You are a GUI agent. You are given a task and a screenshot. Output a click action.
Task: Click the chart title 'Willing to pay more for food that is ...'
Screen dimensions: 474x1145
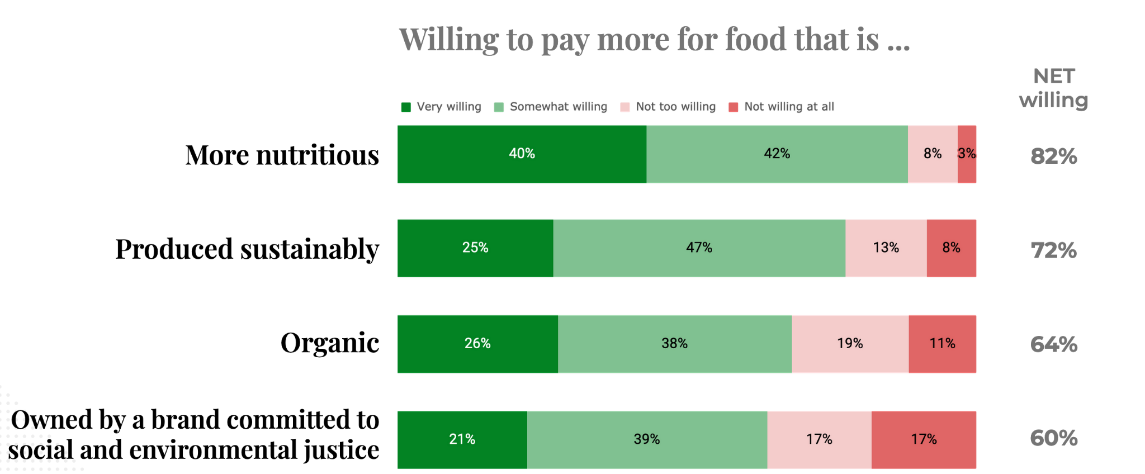pos(654,40)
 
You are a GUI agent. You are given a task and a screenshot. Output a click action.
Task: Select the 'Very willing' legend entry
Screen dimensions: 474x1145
pos(441,107)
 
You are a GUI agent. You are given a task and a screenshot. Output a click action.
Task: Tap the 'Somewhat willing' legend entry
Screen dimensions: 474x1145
pos(551,107)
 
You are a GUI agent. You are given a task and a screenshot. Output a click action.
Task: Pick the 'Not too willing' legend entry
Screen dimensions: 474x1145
pos(668,107)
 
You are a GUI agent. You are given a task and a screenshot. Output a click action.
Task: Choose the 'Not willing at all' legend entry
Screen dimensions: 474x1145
pos(781,107)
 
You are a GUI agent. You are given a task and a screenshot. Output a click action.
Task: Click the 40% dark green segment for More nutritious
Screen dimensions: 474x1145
pos(522,154)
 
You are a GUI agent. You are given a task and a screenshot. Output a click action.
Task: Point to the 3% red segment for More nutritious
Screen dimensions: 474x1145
pos(967,154)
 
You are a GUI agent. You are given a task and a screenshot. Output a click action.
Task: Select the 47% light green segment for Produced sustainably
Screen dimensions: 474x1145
pos(699,248)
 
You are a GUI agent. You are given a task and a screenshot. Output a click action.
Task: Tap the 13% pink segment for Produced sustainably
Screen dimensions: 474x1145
pos(886,248)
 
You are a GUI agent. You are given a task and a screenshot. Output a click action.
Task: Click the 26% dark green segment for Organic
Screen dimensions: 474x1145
pos(477,344)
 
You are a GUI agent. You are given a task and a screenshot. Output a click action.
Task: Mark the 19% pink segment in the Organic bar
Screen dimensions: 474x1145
pos(850,344)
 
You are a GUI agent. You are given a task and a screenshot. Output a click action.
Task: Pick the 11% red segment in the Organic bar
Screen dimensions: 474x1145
pos(942,344)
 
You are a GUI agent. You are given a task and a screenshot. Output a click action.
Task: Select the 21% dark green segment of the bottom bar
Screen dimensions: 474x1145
pos(462,439)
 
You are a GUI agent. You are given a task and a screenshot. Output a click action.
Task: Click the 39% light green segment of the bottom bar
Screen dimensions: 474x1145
pos(647,439)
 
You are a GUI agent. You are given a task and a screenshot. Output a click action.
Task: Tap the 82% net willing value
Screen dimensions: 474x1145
pos(1053,157)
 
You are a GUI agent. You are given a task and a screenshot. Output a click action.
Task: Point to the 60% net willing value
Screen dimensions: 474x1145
pos(1053,438)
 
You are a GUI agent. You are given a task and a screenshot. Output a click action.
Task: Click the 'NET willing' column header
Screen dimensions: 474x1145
pos(1053,88)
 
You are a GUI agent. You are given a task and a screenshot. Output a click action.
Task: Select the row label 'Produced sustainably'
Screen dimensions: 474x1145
pos(247,249)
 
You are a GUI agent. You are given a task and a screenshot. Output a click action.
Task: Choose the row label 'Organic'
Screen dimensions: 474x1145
pos(330,343)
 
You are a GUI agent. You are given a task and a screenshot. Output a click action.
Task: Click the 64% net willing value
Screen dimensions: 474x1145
pos(1053,344)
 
